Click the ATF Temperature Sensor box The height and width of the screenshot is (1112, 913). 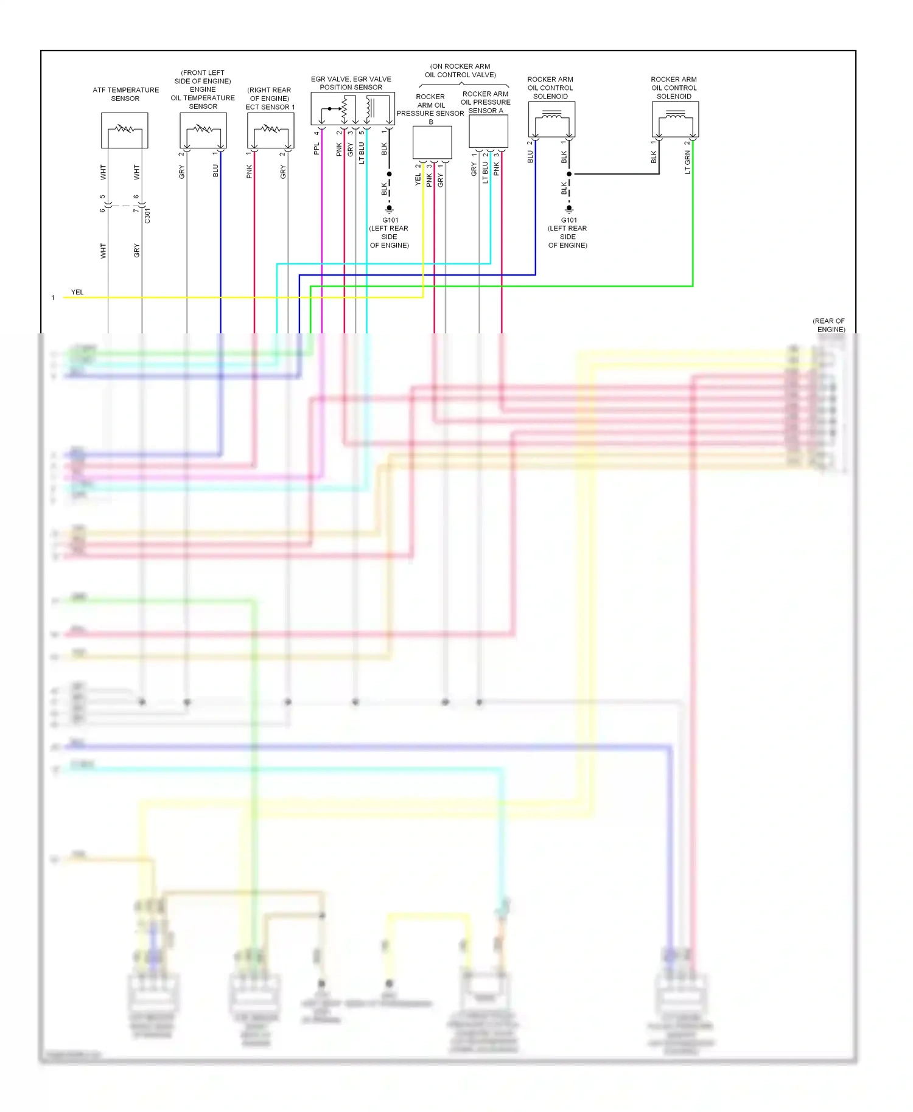tap(124, 130)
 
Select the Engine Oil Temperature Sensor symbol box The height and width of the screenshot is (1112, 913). tap(203, 130)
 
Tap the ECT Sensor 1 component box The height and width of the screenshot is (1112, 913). tap(271, 130)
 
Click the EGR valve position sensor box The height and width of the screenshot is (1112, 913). tap(352, 109)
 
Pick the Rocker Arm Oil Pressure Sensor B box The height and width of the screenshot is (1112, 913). tap(432, 142)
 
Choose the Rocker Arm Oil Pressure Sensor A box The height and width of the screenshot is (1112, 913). tap(488, 131)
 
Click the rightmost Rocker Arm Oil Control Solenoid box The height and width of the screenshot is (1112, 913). tap(675, 119)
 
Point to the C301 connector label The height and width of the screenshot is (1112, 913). tap(148, 215)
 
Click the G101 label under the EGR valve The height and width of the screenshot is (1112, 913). tap(390, 220)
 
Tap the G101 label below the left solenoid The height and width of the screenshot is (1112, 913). tap(568, 220)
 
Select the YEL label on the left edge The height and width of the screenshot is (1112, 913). tap(77, 292)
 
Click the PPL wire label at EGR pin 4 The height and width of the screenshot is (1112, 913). tap(317, 149)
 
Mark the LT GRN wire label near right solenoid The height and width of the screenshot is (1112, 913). tap(688, 162)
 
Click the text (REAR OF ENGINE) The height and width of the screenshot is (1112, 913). tap(830, 325)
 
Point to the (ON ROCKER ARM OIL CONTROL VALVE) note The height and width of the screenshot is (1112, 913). tap(460, 71)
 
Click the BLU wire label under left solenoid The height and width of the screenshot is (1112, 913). tap(530, 157)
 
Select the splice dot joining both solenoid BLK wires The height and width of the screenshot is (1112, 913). tap(569, 174)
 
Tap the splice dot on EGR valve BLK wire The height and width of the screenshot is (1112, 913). tap(390, 174)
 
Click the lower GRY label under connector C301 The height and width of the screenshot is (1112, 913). tap(137, 251)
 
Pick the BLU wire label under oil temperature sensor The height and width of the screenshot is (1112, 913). tap(215, 171)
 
